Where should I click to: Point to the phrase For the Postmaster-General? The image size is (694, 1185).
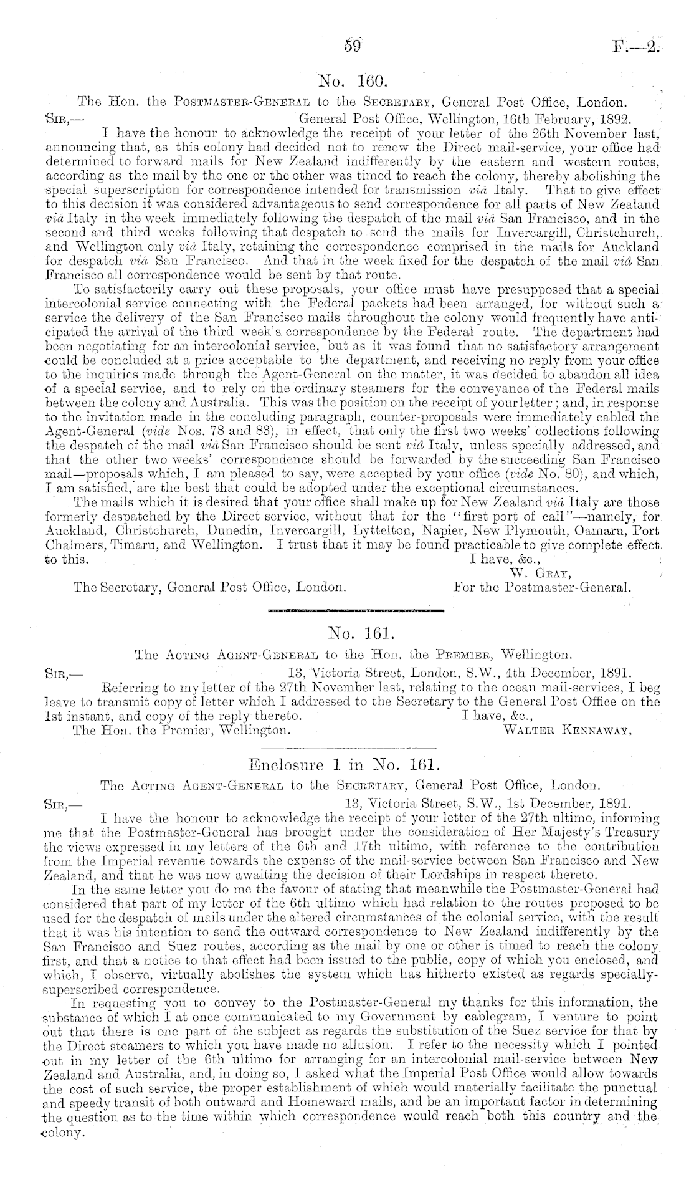pyautogui.click(x=543, y=587)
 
